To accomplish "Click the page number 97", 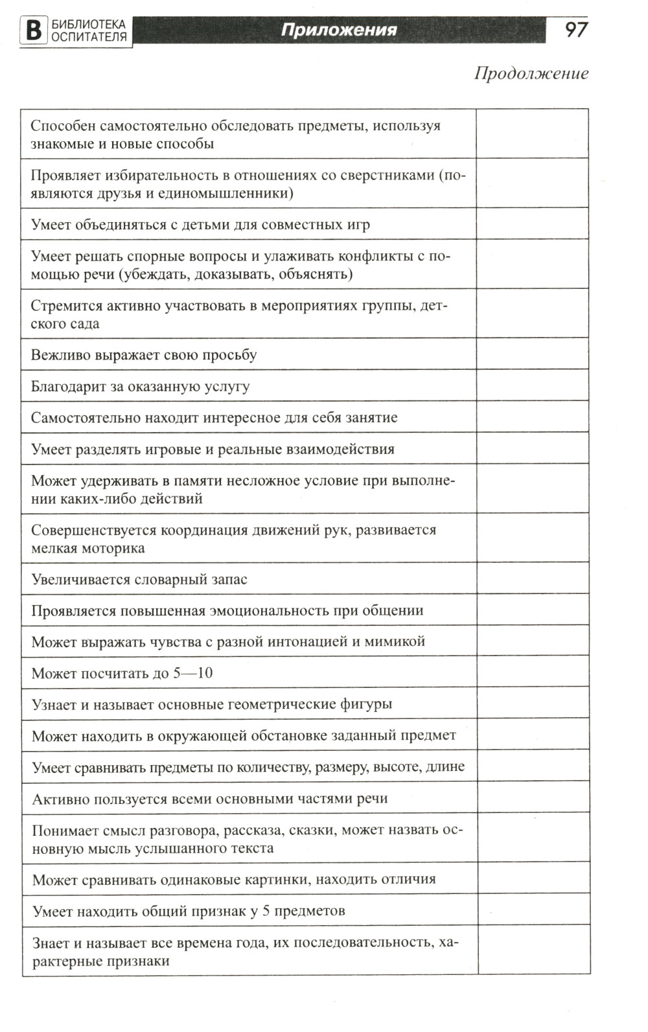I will (575, 29).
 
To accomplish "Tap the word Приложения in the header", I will (338, 30).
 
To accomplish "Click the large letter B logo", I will (33, 30).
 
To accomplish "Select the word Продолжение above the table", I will (531, 73).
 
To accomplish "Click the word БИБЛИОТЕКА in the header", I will (89, 25).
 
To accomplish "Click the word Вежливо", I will (61, 355).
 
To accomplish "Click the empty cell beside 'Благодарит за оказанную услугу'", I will (532, 386).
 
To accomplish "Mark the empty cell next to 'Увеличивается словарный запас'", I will (533, 579).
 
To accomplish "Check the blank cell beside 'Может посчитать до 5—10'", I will (533, 672).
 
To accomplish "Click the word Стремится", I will (64, 306).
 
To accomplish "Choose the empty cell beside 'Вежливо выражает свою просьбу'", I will (532, 354).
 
